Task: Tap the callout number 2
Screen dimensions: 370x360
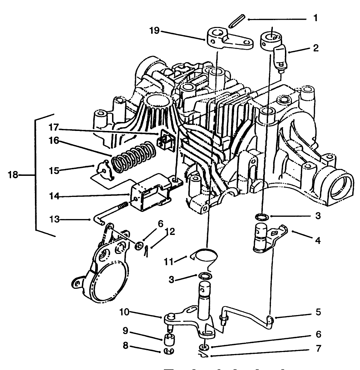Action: [x=315, y=48]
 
